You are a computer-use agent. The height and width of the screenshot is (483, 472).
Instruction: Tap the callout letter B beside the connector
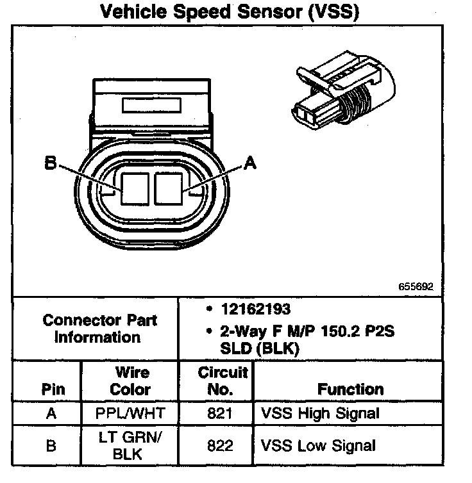[50, 164]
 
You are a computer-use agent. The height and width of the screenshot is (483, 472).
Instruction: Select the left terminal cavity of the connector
[133, 188]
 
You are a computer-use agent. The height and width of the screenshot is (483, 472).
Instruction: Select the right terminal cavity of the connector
[169, 188]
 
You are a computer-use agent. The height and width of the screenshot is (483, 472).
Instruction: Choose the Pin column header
[52, 389]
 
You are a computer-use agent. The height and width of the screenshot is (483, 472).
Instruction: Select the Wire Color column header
[130, 381]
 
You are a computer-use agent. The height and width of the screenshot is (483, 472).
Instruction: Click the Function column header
[350, 389]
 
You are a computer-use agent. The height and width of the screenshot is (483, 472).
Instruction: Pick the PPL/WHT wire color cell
[130, 414]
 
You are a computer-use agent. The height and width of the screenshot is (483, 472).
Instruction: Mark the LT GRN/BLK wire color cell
[130, 446]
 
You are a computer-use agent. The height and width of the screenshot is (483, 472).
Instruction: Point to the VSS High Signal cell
[320, 414]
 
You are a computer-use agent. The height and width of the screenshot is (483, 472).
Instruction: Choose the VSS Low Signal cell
[318, 446]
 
